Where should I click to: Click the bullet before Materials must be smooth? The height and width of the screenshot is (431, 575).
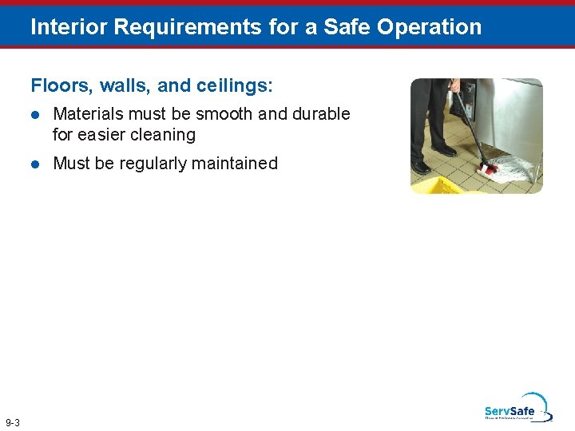point(35,115)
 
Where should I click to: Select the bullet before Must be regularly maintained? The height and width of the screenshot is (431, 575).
point(35,164)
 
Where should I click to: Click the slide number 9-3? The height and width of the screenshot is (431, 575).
point(13,422)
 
